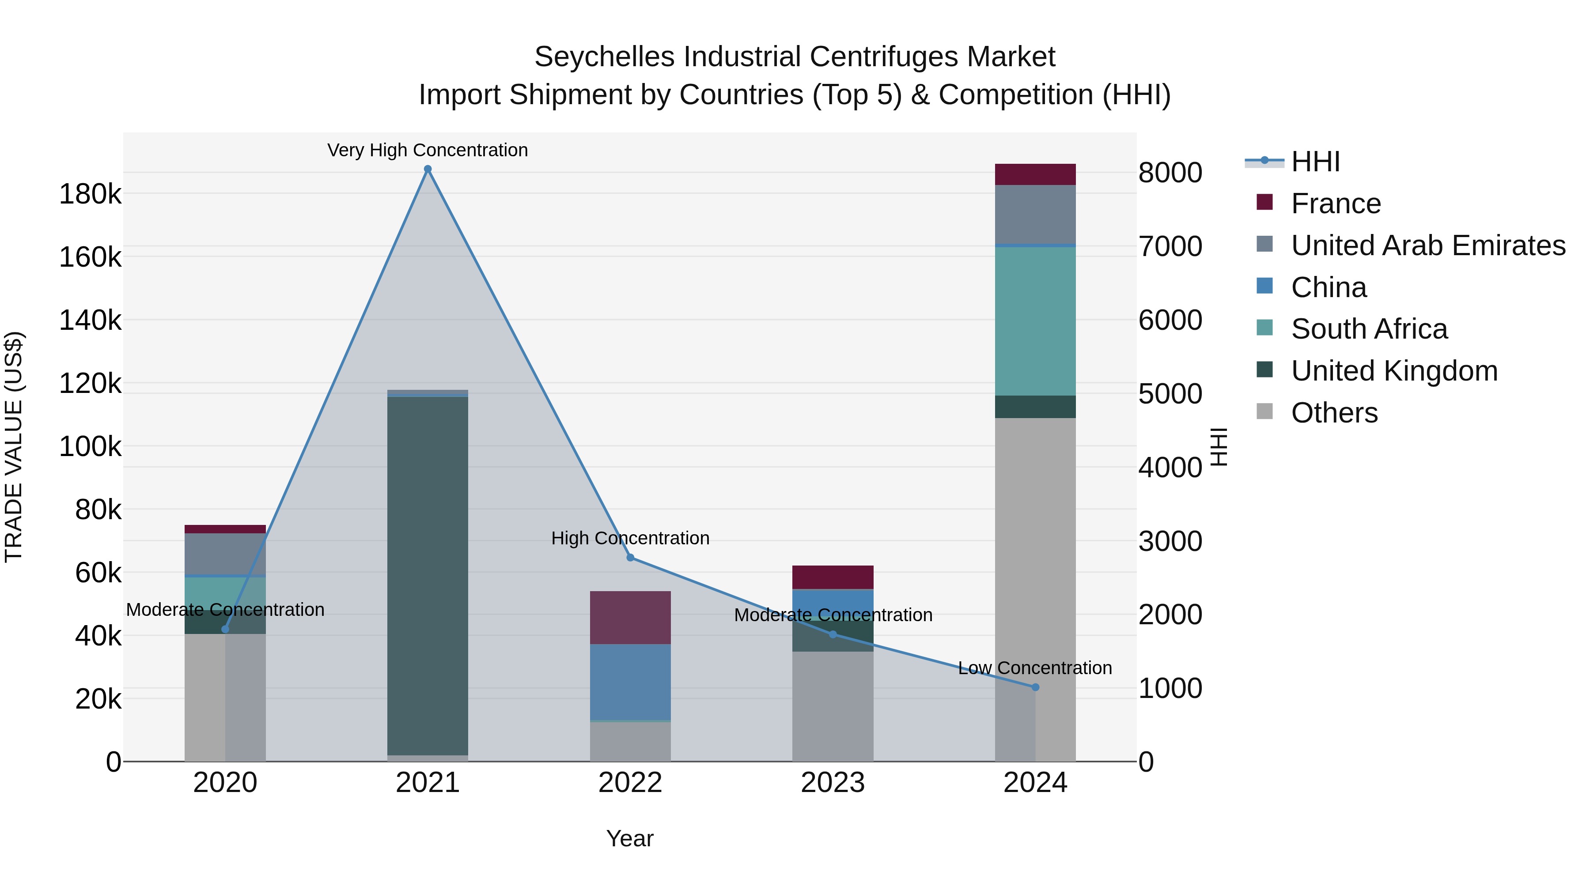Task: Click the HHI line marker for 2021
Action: (427, 169)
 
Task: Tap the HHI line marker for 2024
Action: (1035, 687)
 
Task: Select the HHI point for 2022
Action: (630, 557)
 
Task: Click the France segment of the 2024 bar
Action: (1035, 174)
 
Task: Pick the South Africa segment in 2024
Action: (1035, 321)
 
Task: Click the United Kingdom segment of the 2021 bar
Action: (427, 574)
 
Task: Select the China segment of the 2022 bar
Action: (630, 682)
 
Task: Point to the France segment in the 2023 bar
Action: (833, 577)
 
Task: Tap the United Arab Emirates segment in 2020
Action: (225, 554)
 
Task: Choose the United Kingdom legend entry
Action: (1394, 371)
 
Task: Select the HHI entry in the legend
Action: (1315, 162)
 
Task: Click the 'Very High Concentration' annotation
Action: (427, 150)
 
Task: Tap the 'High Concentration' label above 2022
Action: (630, 538)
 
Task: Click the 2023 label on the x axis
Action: (833, 783)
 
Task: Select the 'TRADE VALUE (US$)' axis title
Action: (14, 447)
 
